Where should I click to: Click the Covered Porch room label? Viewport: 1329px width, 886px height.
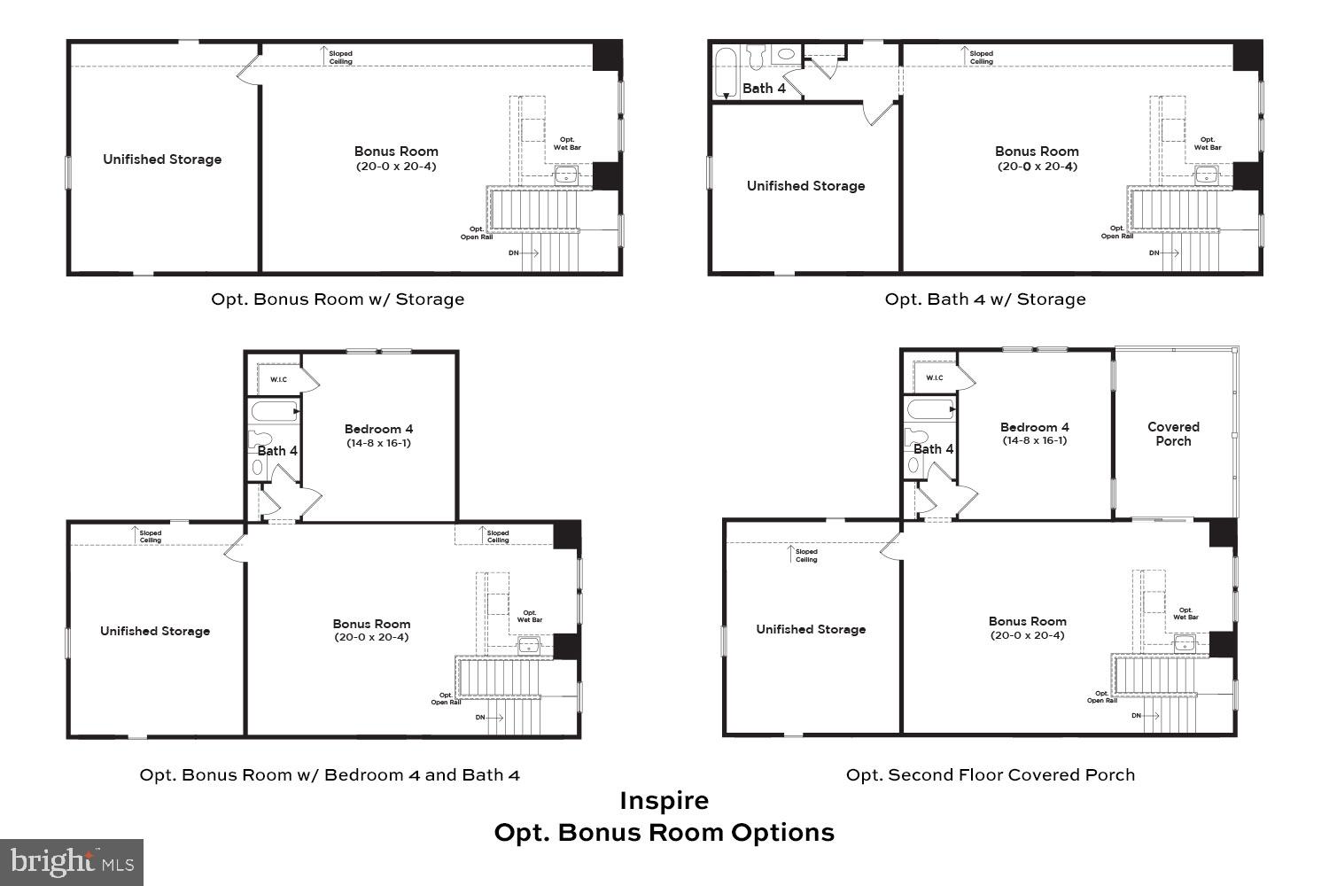point(1173,433)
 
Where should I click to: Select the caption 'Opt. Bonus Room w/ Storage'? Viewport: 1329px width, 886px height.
point(337,299)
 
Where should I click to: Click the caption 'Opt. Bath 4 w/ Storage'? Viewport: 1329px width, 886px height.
point(984,299)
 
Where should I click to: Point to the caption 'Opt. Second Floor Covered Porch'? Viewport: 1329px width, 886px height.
point(990,774)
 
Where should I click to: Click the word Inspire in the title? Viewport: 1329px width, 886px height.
point(664,800)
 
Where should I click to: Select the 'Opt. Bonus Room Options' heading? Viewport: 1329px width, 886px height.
point(664,833)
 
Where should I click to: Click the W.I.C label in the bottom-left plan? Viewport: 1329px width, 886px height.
point(278,379)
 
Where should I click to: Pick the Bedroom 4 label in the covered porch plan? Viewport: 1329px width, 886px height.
point(1034,426)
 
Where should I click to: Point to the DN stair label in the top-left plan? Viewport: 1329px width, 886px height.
point(514,253)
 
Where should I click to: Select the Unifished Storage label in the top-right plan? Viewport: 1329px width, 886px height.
point(805,186)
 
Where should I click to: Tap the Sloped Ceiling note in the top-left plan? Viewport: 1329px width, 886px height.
point(340,58)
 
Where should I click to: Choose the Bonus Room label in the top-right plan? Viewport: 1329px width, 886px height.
point(1036,152)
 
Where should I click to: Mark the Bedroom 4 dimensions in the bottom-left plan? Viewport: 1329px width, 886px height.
point(378,443)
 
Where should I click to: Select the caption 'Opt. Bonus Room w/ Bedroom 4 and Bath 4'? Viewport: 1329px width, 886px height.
point(330,774)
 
